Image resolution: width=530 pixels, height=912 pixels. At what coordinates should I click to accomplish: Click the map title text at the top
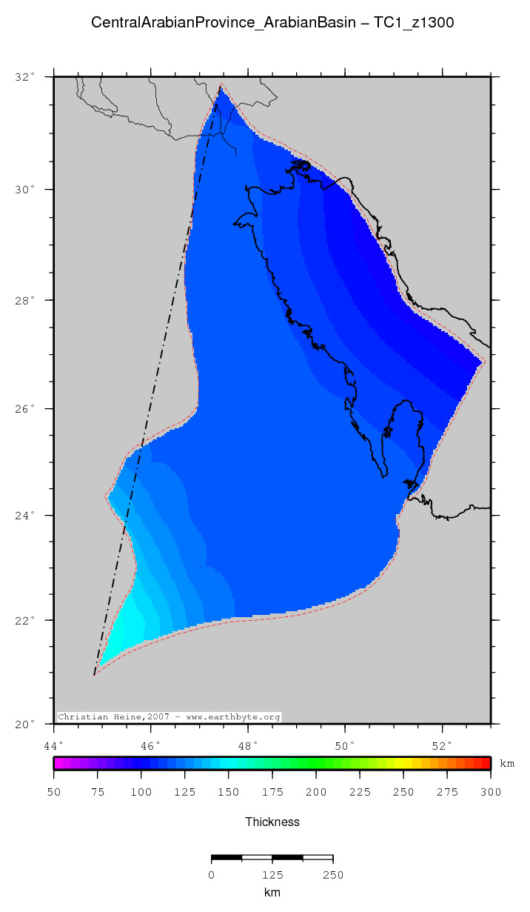tap(272, 23)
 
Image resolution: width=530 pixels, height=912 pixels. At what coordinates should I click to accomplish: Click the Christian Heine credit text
tap(169, 717)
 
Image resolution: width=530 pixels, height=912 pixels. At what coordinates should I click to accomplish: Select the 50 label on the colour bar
tap(53, 793)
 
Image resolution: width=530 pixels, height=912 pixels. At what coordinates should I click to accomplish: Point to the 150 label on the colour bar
tap(228, 793)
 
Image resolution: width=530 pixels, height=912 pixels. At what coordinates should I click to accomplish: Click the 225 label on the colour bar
tap(360, 793)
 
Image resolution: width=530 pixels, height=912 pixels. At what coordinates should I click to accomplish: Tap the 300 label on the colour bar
tap(491, 793)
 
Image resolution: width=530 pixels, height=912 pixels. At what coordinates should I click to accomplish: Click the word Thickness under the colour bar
tap(272, 822)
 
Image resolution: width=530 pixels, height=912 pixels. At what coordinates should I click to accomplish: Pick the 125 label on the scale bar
tap(272, 875)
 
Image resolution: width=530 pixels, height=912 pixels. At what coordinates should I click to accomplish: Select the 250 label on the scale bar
tap(333, 875)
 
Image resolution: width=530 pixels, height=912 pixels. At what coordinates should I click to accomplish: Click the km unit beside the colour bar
tap(507, 764)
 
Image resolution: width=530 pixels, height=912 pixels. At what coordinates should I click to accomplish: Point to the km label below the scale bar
tap(272, 893)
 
